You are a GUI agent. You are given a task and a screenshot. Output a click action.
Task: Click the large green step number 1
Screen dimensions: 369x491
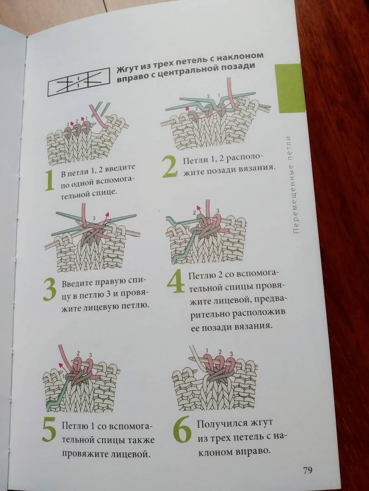click(x=50, y=181)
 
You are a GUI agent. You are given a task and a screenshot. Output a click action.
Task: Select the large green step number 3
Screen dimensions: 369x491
click(x=50, y=289)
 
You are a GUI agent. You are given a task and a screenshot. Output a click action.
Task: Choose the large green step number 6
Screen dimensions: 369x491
click(x=182, y=430)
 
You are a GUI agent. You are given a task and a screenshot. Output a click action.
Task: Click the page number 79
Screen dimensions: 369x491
click(x=308, y=470)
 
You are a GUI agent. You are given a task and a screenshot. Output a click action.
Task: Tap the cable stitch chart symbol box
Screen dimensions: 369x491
click(x=78, y=82)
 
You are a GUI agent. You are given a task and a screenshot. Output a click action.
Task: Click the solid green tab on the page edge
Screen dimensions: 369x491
click(x=290, y=88)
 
